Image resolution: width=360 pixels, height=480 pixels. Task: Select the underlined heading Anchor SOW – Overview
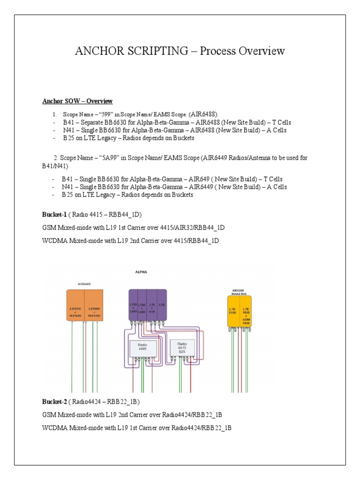coord(77,101)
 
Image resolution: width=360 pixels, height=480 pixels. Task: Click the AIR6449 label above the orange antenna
coord(84,284)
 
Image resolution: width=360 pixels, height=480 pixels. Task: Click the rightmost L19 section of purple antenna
coord(162,305)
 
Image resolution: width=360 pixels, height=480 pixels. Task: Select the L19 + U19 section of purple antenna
coord(151,307)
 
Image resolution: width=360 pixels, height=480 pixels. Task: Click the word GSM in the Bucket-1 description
coord(49,228)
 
